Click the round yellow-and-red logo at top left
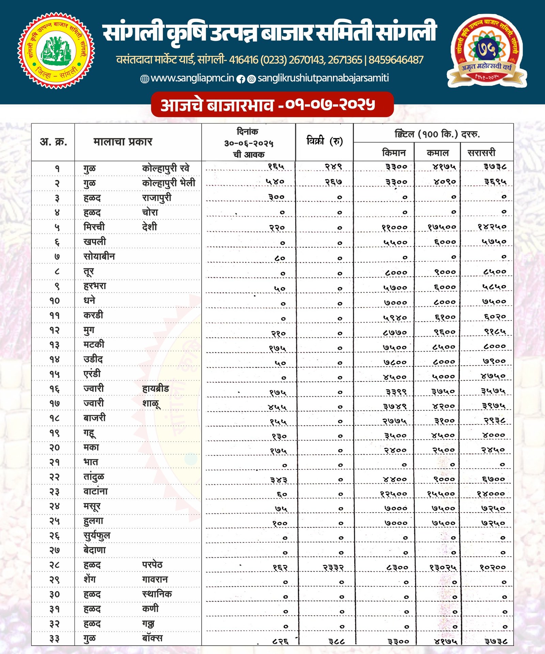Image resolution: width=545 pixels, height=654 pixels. click(x=56, y=51)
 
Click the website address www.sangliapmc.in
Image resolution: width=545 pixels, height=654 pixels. click(x=192, y=78)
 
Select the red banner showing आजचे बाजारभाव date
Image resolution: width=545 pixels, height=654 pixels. click(x=272, y=105)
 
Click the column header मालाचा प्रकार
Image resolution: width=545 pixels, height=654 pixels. click(x=123, y=142)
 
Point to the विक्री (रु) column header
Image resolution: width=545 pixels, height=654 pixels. click(x=324, y=141)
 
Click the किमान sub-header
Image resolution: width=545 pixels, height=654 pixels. click(x=394, y=153)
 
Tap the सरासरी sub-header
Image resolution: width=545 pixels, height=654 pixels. click(x=481, y=153)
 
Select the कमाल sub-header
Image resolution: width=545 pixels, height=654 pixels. click(x=438, y=153)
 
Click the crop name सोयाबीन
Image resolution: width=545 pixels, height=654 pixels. click(x=99, y=256)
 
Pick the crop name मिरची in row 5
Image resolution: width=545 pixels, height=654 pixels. click(x=94, y=227)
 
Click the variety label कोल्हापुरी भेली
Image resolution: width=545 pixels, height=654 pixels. click(x=169, y=183)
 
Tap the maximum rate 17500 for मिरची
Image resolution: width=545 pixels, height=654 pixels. click(x=442, y=227)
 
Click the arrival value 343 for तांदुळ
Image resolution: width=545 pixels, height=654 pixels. click(x=279, y=480)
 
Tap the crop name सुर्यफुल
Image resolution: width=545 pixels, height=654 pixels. click(x=97, y=536)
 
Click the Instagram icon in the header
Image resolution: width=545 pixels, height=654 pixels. click(x=251, y=79)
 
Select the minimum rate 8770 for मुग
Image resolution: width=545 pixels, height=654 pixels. click(x=394, y=332)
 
